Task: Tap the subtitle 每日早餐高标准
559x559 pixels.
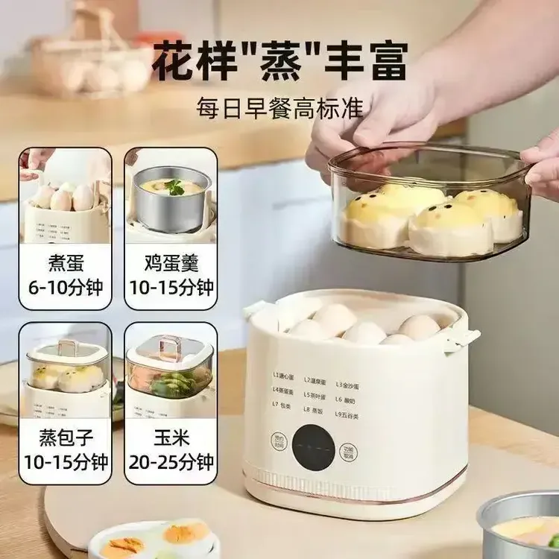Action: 279,107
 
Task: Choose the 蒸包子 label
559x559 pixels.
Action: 66,435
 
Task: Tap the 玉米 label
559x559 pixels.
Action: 171,435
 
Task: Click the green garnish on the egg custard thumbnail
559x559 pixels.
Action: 175,187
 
